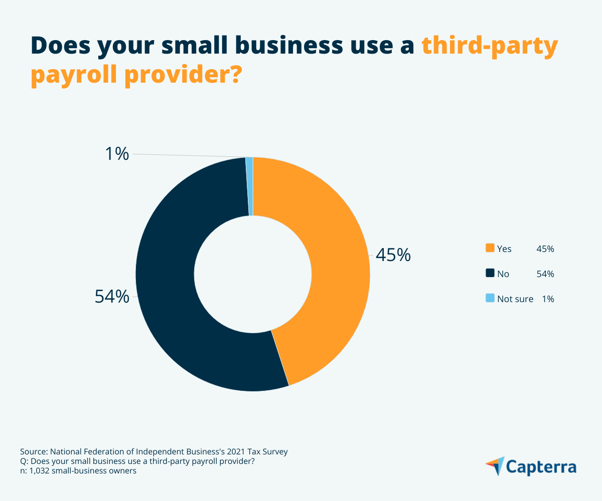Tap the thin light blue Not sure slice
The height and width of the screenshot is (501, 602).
[x=249, y=186]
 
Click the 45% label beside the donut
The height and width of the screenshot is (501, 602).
[x=393, y=255]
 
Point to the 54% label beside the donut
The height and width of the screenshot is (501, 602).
[x=112, y=297]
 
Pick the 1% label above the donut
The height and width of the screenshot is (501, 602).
[x=117, y=154]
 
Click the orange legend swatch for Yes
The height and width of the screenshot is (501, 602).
[x=490, y=248]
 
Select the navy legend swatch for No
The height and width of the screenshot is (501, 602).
[x=490, y=274]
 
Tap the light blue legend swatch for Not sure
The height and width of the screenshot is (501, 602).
[x=490, y=299]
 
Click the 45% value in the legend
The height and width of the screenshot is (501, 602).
[x=545, y=248]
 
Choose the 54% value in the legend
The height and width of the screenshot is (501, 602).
[x=545, y=274]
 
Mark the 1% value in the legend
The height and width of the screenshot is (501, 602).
[x=548, y=299]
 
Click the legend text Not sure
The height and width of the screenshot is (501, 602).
[x=515, y=299]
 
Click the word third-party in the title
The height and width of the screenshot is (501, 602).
[x=489, y=46]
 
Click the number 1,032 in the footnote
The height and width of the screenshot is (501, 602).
[x=39, y=471]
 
